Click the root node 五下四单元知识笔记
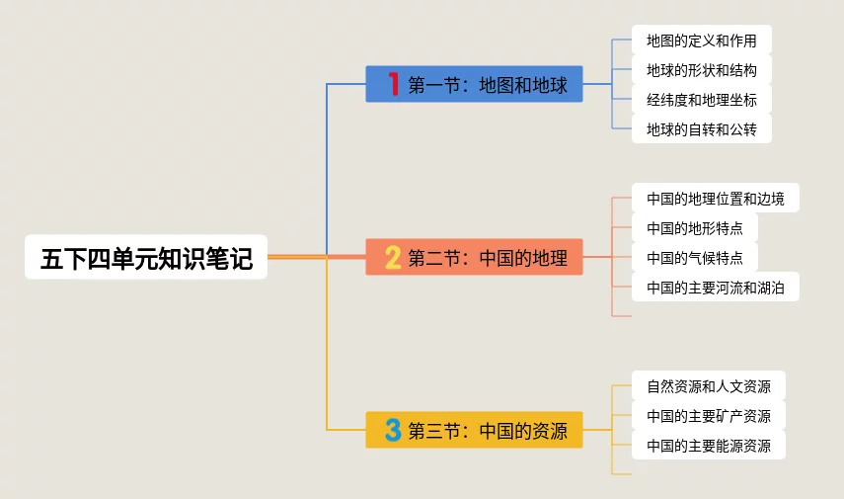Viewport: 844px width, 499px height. (146, 258)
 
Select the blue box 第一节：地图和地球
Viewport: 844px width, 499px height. (474, 85)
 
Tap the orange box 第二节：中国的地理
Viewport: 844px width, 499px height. (474, 258)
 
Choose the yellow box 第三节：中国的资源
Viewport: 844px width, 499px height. (474, 430)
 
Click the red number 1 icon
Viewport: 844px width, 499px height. (393, 85)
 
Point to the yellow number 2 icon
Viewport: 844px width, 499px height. (393, 258)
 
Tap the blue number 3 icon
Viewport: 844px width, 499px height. (393, 430)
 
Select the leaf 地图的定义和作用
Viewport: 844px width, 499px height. (701, 41)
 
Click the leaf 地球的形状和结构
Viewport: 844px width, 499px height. (701, 70)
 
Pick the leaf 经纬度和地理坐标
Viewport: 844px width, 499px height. (701, 100)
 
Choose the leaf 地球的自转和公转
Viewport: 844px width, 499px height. (701, 129)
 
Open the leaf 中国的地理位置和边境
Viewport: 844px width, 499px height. (715, 199)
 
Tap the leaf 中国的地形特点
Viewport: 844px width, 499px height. (694, 228)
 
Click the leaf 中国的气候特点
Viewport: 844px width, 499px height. (694, 258)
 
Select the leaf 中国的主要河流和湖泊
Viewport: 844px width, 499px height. (715, 288)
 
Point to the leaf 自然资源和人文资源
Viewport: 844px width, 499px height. (708, 386)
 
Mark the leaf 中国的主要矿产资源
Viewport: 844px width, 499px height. (708, 416)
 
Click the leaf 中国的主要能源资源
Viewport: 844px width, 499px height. (708, 446)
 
